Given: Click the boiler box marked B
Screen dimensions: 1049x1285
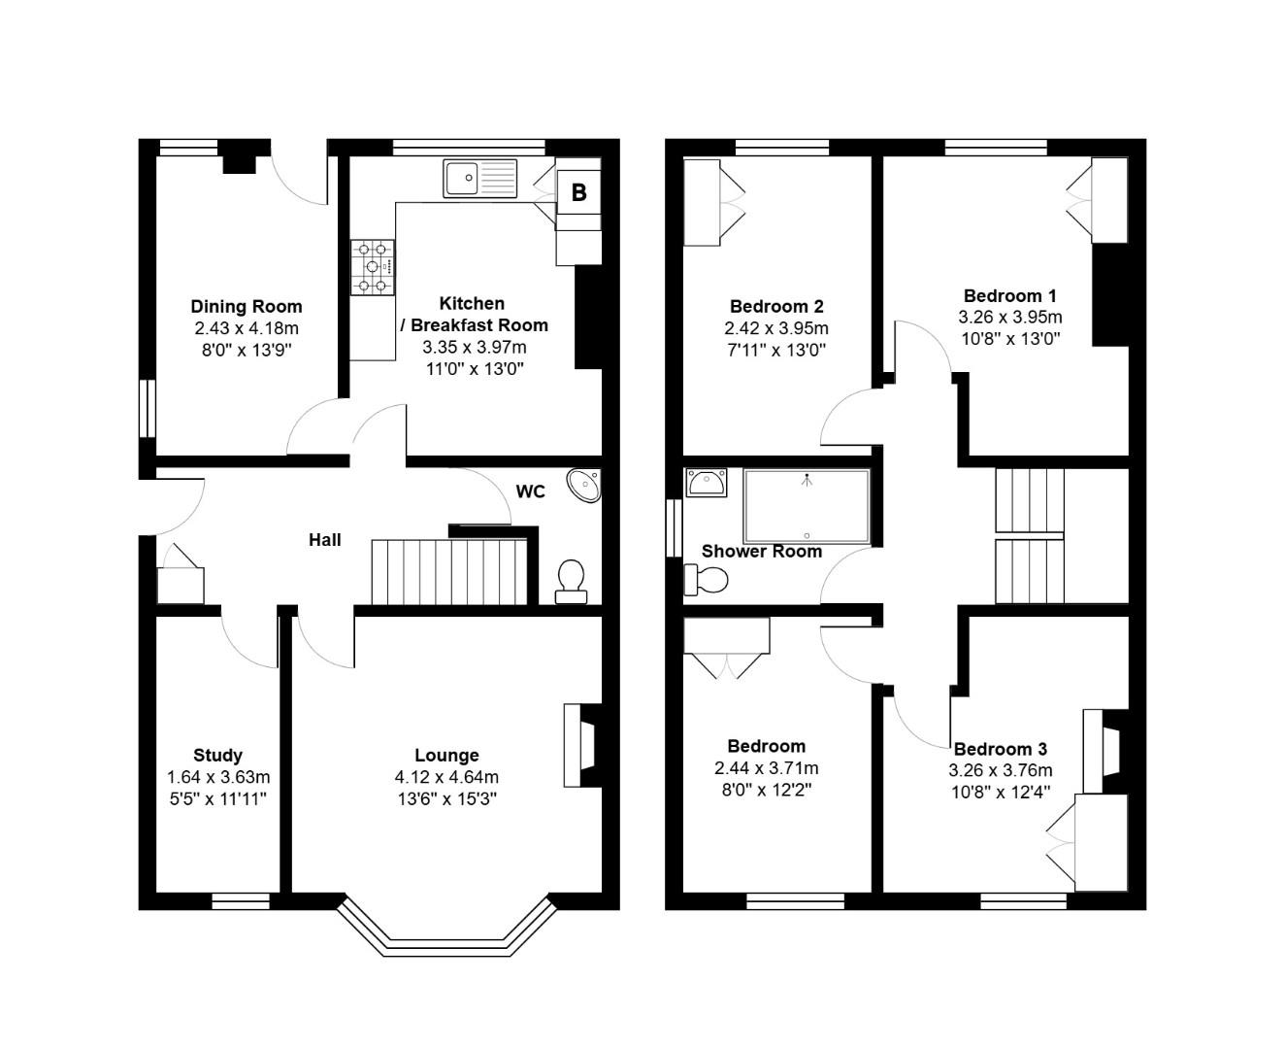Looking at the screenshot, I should [578, 192].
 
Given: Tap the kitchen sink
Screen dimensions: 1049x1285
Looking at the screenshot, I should [481, 179].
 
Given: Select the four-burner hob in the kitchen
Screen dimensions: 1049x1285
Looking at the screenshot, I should [374, 267].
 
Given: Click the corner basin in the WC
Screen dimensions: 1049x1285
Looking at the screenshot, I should [585, 484].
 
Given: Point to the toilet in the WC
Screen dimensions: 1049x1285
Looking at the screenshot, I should [571, 580].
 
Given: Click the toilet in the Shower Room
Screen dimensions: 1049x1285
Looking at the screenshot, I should [707, 580].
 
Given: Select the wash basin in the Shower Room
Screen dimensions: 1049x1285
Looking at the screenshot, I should [706, 482].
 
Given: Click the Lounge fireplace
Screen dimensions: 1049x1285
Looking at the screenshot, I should [580, 745].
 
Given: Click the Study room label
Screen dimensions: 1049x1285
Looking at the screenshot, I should [217, 755].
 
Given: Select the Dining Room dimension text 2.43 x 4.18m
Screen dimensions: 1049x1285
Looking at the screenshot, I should [246, 328].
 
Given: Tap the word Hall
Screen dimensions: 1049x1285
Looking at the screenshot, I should [325, 540].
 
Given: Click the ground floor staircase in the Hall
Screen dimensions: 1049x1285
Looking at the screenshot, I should [447, 573].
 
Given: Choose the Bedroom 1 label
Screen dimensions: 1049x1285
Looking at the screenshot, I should [1009, 295].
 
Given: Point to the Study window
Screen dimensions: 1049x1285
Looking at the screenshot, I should [241, 901].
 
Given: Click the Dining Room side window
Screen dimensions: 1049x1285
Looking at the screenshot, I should [147, 408].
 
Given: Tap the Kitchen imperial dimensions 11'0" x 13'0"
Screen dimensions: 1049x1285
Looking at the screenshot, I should [473, 368].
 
